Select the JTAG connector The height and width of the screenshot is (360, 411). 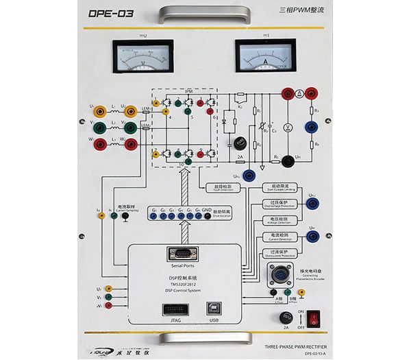tap(171, 309)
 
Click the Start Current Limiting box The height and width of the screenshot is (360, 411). tap(279, 187)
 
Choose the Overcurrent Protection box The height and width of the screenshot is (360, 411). tap(279, 253)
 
